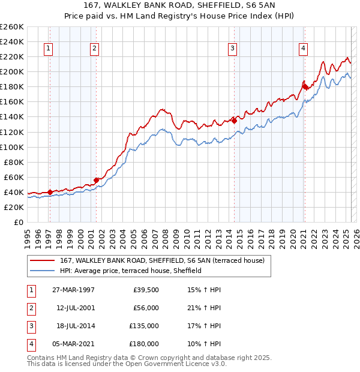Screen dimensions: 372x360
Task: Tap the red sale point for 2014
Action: click(x=235, y=121)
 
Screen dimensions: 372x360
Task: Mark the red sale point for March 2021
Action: click(x=305, y=86)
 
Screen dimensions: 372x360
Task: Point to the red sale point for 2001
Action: click(x=96, y=179)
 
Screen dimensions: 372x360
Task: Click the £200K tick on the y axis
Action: click(x=12, y=71)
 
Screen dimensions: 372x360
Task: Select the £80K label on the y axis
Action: click(x=14, y=162)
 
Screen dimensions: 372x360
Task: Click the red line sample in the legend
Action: click(x=43, y=260)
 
